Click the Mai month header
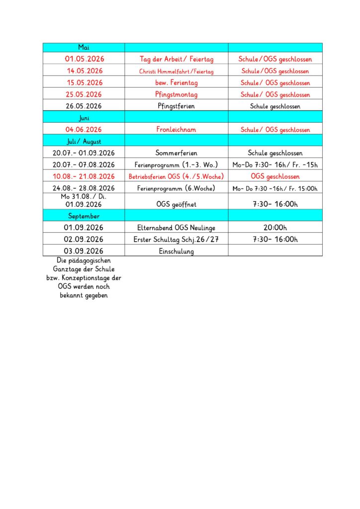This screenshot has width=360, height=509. pos(84,47)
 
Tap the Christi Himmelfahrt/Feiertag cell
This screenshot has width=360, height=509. pos(176,71)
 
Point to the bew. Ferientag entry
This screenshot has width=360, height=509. pos(176,83)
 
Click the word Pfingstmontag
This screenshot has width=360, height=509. pos(176,94)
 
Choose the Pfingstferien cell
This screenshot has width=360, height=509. pos(176,106)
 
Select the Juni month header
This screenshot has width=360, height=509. pos(84,118)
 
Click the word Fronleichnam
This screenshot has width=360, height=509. pos(176,130)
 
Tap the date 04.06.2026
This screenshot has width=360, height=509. pos(84,130)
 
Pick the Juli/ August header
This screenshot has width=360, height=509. pos(84,141)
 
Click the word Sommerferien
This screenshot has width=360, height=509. pos(176,153)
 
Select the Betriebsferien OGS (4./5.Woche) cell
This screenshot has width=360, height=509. pos(176,176)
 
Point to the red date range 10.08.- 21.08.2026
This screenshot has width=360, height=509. pos(84,176)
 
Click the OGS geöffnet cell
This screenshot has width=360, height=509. pos(176,204)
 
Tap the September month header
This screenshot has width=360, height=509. pos(84,216)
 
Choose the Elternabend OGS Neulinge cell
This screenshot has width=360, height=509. pos(176,228)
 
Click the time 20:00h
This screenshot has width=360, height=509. pos(275,228)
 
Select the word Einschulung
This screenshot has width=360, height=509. pos(176,251)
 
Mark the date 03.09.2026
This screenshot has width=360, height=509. pos(84,251)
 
